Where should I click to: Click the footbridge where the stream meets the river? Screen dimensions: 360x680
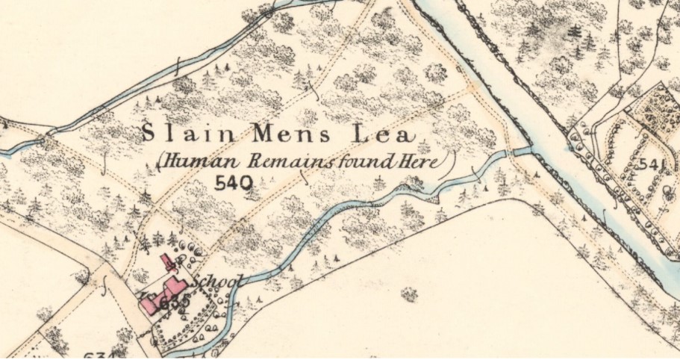click(520, 151)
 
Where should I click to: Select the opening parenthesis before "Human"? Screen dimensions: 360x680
click(159, 161)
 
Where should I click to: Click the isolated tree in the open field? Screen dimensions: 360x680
click(408, 295)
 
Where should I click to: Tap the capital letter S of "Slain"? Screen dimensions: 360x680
click(148, 134)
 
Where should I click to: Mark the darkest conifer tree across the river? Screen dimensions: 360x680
click(575, 33)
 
